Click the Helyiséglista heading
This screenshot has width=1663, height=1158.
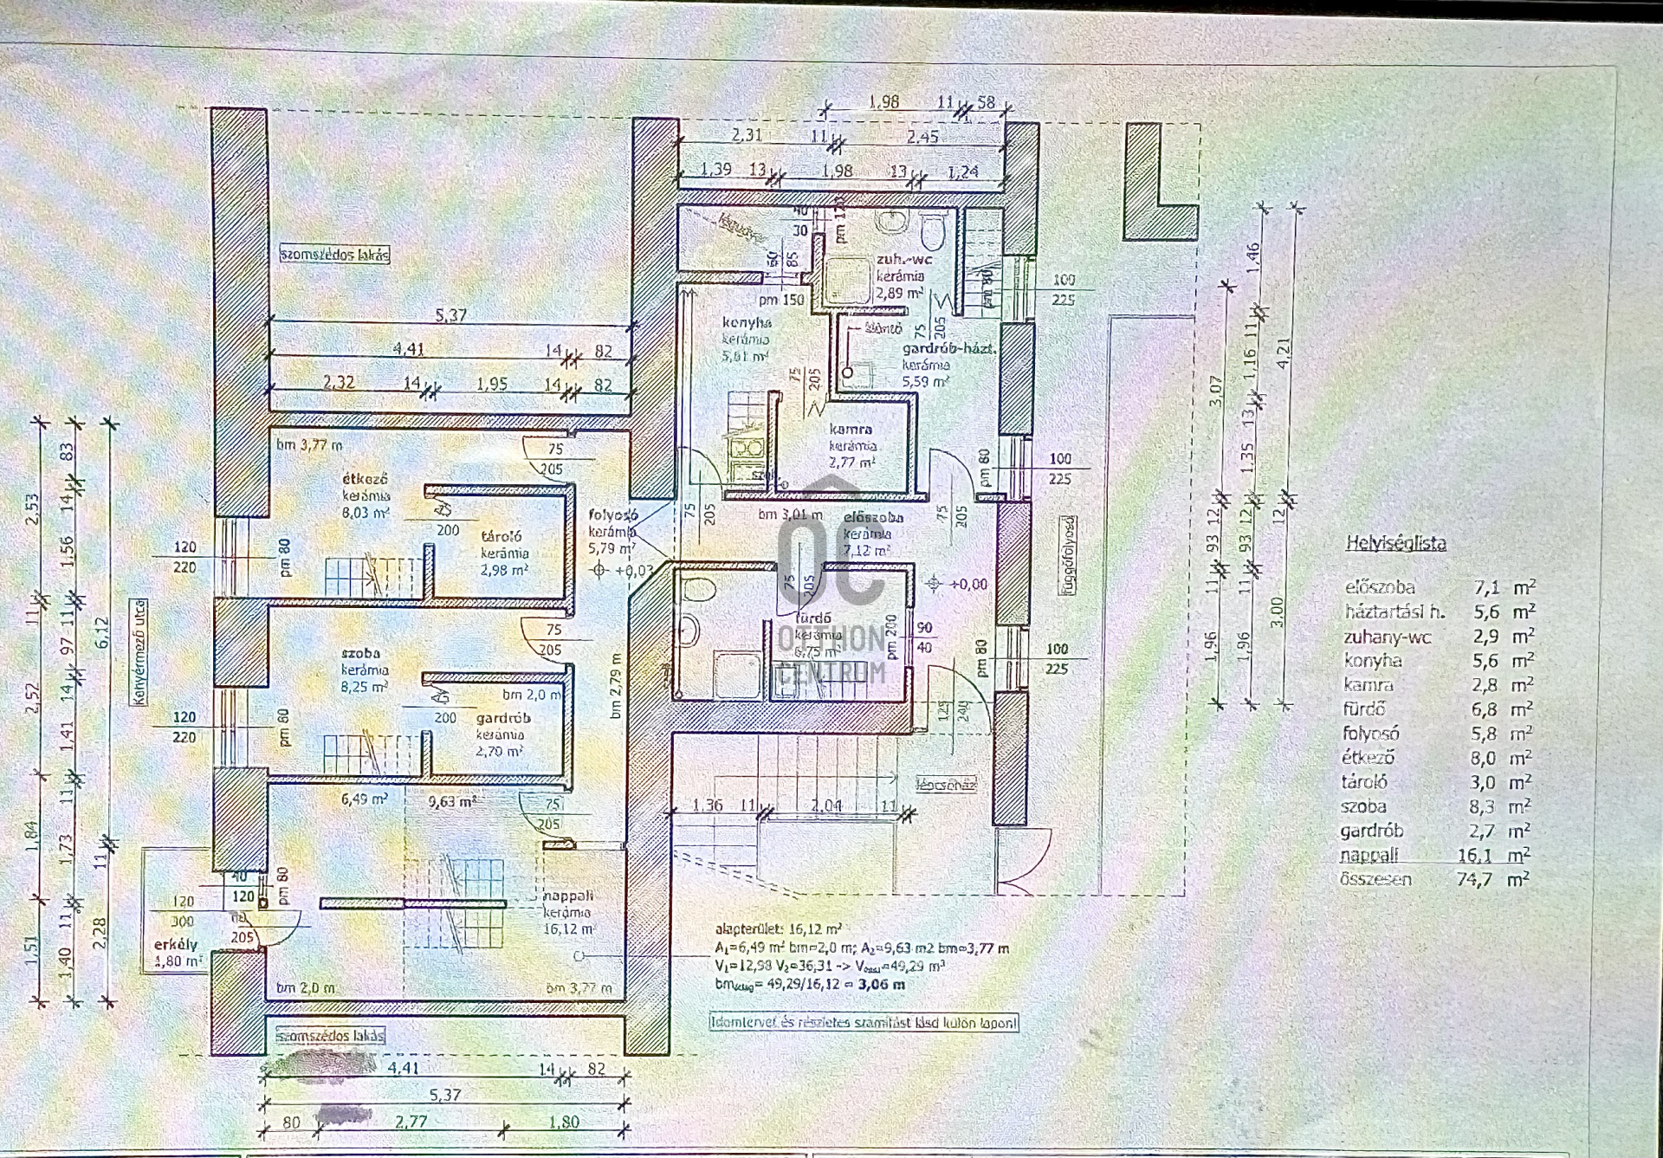pos(1395,543)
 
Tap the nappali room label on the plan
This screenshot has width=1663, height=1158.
pos(568,896)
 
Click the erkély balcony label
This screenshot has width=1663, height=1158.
pos(176,944)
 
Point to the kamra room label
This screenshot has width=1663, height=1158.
pos(851,429)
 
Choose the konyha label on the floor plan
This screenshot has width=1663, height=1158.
pos(747,323)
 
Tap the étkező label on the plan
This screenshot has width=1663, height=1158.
pos(365,478)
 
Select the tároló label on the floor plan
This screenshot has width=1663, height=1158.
pos(501,536)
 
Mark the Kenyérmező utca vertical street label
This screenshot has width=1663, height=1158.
pos(139,651)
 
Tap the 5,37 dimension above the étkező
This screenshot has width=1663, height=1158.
pos(450,316)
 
